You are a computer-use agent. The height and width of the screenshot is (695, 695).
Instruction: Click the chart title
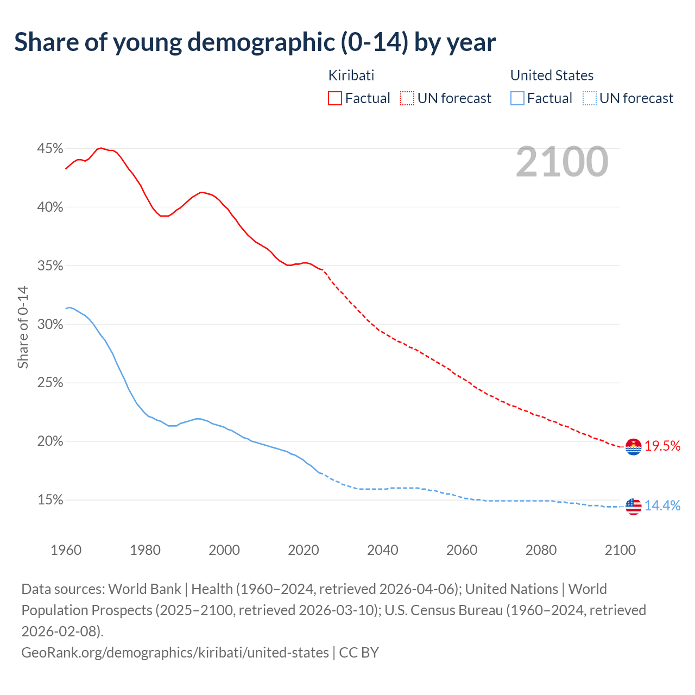tap(255, 42)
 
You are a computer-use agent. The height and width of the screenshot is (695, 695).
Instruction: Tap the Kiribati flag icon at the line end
tap(633, 447)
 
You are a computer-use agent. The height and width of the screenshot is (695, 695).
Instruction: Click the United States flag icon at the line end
tap(633, 506)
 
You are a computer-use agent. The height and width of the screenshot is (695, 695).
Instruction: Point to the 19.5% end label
tap(662, 446)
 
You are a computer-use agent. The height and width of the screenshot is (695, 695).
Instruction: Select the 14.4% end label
tap(662, 506)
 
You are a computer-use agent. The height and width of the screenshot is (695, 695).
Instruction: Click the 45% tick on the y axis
tap(50, 149)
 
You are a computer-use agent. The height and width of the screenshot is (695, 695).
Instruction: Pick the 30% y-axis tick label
tap(50, 325)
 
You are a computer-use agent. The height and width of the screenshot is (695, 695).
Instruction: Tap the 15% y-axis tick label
tap(50, 500)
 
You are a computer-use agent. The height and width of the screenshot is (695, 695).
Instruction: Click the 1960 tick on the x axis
tap(66, 550)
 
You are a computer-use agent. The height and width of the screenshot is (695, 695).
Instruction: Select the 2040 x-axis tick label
tap(383, 550)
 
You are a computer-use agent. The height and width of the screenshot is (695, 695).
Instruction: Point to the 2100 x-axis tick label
tap(620, 550)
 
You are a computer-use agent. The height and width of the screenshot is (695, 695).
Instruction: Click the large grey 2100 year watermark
tap(562, 161)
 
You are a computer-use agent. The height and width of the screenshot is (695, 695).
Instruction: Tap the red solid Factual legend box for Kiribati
tap(335, 98)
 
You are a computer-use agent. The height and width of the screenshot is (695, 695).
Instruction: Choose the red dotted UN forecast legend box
tap(407, 98)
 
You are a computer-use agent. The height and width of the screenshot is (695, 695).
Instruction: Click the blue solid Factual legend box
tap(517, 98)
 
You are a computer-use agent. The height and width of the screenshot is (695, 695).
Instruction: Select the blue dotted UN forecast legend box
tap(590, 98)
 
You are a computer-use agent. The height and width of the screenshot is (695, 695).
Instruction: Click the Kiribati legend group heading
tap(351, 75)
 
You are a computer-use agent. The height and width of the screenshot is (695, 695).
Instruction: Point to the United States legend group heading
tap(552, 75)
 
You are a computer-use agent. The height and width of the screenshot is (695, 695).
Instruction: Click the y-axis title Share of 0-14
tap(23, 327)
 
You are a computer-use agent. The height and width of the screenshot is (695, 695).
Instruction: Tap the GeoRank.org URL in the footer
tap(175, 652)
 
